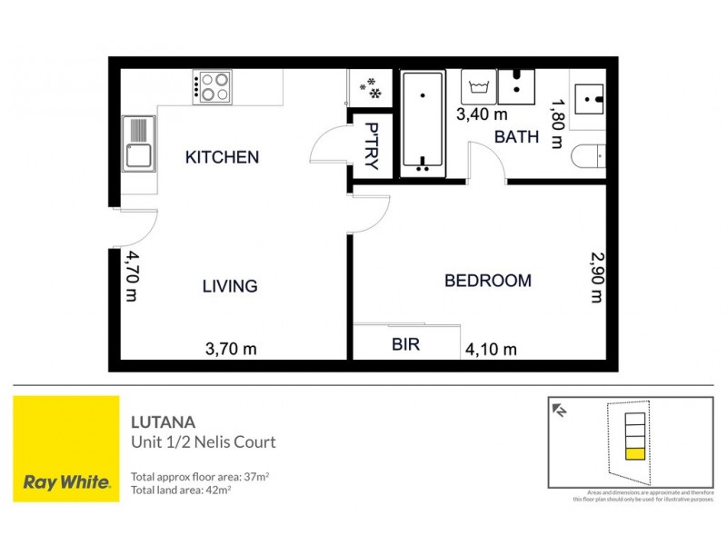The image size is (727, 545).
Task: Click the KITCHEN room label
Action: point(222,157)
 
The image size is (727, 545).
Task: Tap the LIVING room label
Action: point(229,286)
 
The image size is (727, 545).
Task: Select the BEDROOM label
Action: point(487,281)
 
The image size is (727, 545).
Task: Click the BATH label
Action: point(516,137)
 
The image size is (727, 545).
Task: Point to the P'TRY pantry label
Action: point(371,144)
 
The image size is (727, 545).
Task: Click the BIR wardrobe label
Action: point(405,345)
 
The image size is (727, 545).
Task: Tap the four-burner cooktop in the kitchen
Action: point(214,85)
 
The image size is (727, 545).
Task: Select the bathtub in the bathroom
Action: point(424,124)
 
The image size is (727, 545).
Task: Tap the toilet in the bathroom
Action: point(590,157)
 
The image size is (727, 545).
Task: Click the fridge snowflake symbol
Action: point(371,87)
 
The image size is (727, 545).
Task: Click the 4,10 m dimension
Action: point(491,349)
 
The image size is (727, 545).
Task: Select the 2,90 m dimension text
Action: point(596,276)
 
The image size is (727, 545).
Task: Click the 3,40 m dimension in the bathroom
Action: point(482,114)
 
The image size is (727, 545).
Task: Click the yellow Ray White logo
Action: point(65,448)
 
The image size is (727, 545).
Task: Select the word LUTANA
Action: point(157,422)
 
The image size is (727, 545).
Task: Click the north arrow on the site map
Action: point(561,411)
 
